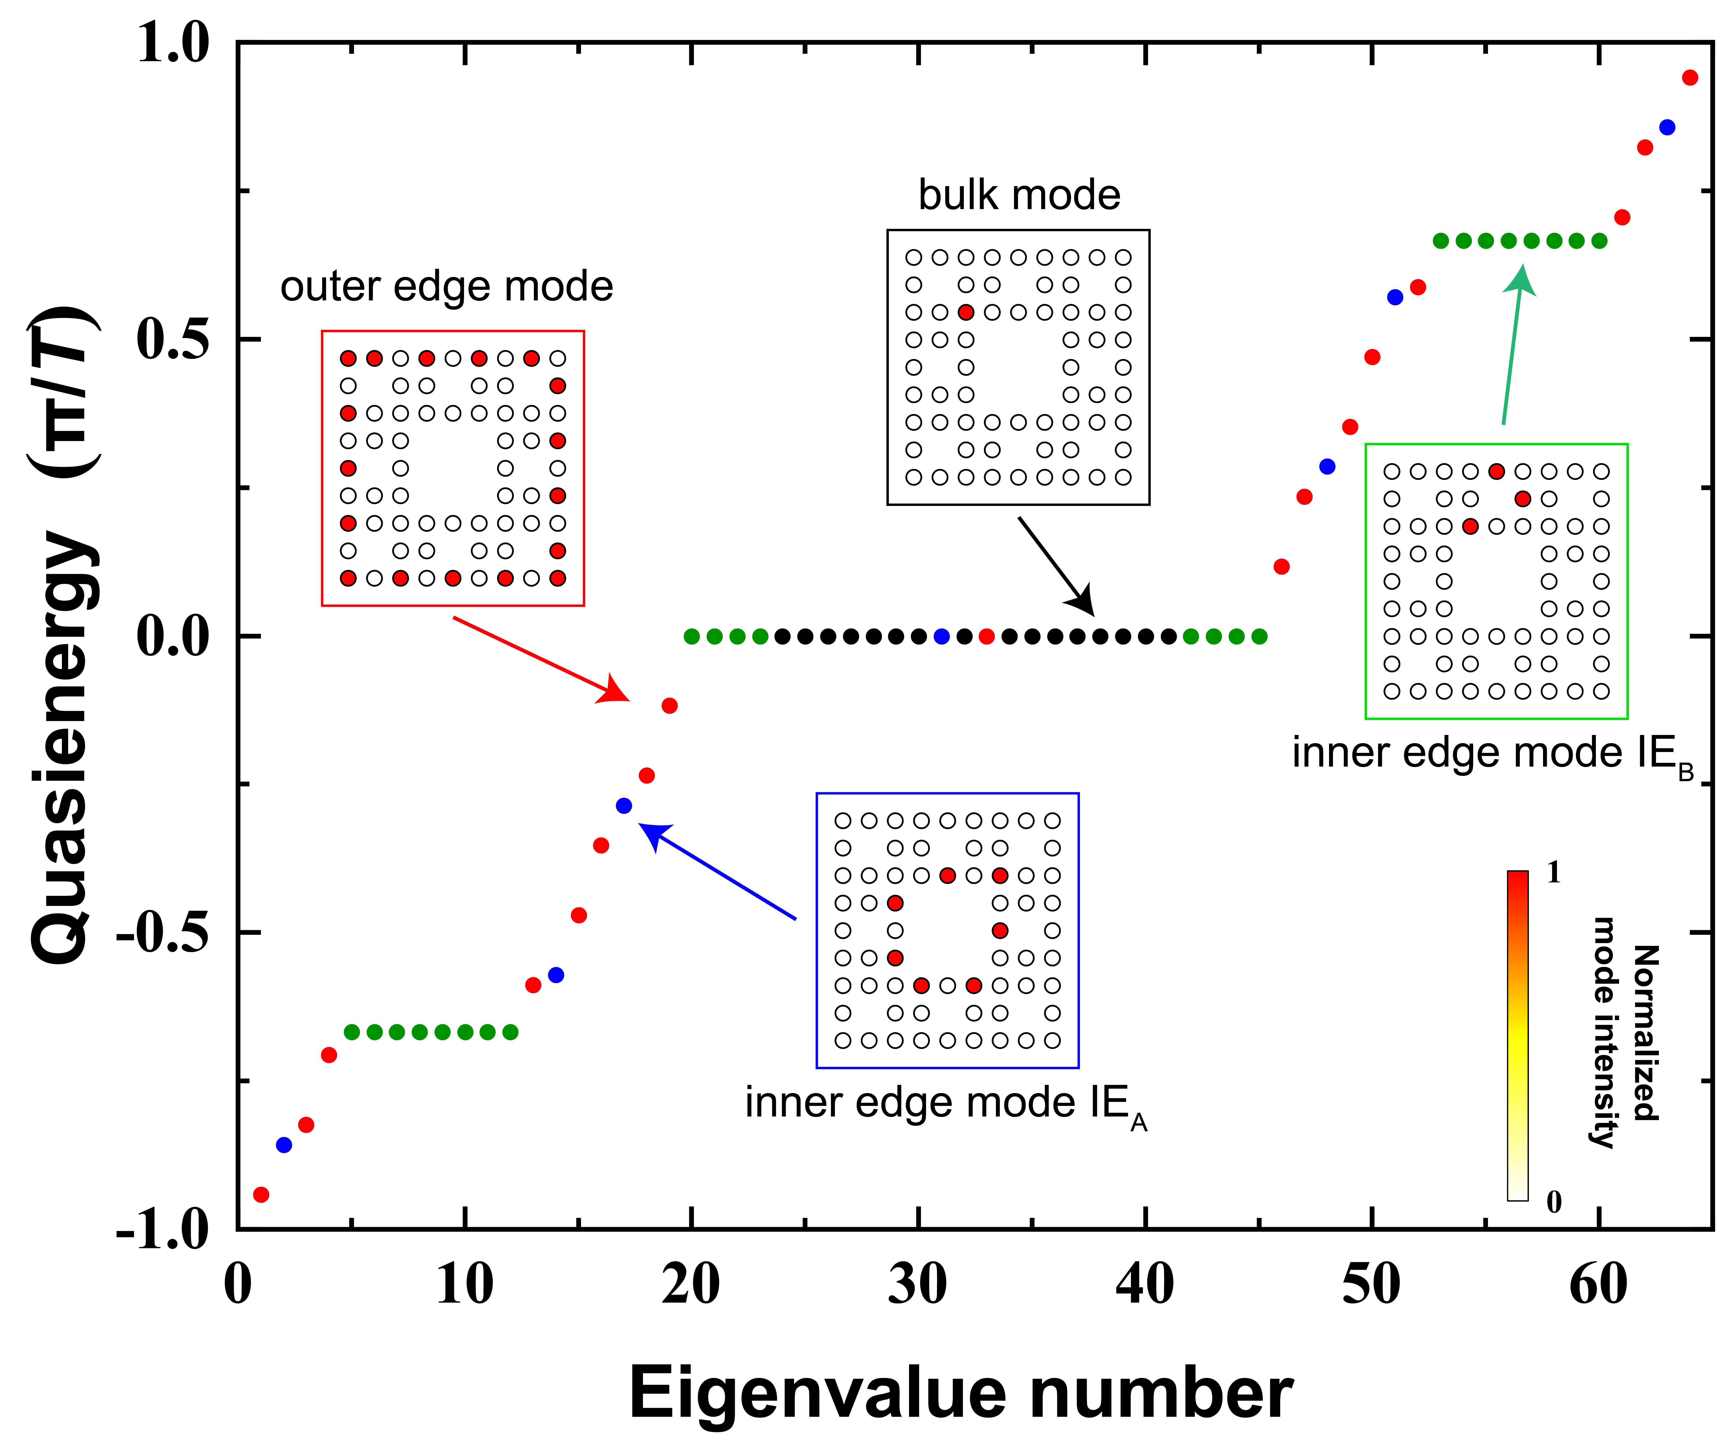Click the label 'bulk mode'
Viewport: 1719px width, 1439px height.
click(1019, 195)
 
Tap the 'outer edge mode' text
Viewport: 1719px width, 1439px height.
click(446, 286)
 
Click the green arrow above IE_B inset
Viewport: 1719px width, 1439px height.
click(1513, 344)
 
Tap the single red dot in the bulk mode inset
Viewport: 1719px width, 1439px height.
click(966, 312)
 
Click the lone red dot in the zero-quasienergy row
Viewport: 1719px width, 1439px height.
click(986, 636)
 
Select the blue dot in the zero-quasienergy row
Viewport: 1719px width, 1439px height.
click(941, 636)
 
